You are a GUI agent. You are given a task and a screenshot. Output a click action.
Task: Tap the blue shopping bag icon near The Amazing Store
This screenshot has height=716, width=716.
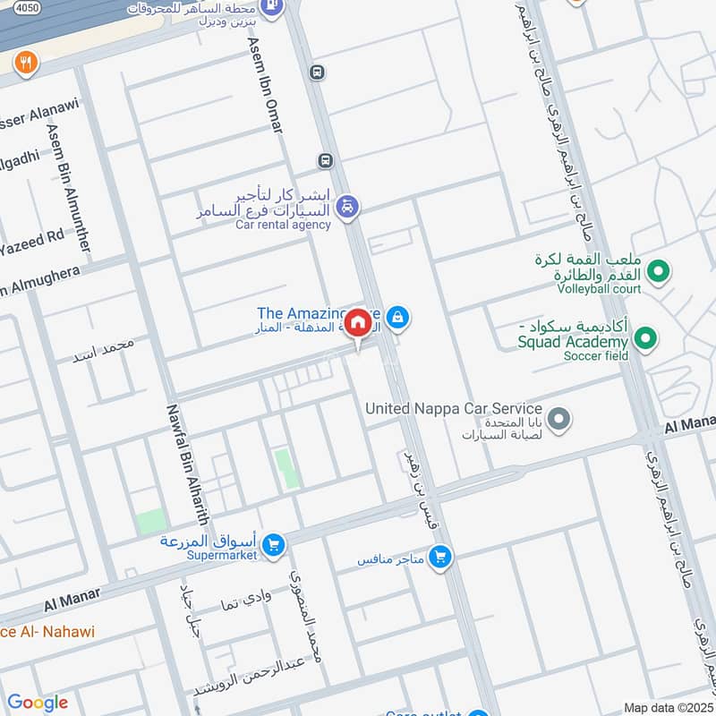pyautogui.click(x=399, y=317)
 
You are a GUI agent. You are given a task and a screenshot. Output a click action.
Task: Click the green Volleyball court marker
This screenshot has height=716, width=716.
pyautogui.click(x=659, y=269)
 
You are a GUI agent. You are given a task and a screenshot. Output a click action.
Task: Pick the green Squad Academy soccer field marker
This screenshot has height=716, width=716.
pyautogui.click(x=644, y=338)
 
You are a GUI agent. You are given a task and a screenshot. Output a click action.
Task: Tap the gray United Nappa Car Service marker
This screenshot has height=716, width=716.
pyautogui.click(x=558, y=419)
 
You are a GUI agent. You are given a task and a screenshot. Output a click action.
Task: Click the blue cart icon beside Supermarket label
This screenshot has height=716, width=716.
pyautogui.click(x=274, y=543)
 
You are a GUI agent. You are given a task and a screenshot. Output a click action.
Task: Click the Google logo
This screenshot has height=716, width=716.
pyautogui.click(x=37, y=702)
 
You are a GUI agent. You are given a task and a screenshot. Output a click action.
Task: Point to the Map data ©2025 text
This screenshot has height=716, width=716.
pyautogui.click(x=667, y=707)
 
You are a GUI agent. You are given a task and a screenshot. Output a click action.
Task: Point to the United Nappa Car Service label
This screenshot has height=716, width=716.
pyautogui.click(x=454, y=408)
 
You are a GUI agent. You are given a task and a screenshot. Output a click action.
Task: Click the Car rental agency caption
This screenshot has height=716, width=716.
pyautogui.click(x=283, y=225)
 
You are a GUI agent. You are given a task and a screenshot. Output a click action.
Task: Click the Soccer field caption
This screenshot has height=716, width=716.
pyautogui.click(x=596, y=356)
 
